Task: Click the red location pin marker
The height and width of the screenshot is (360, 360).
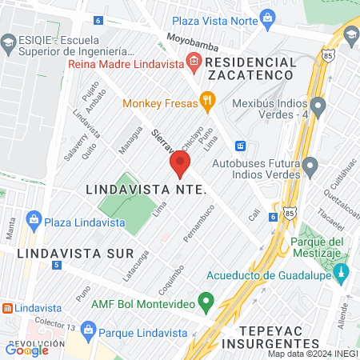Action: tap(179, 166)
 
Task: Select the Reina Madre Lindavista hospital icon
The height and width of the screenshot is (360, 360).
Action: tap(194, 61)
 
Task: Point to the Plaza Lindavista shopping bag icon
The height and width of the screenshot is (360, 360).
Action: tap(34, 219)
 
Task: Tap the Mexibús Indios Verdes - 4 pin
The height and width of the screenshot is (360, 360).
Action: tap(318, 106)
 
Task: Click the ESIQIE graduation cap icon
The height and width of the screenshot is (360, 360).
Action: tap(9, 41)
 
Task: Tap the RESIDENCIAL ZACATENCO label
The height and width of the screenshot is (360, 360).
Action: tap(252, 68)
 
